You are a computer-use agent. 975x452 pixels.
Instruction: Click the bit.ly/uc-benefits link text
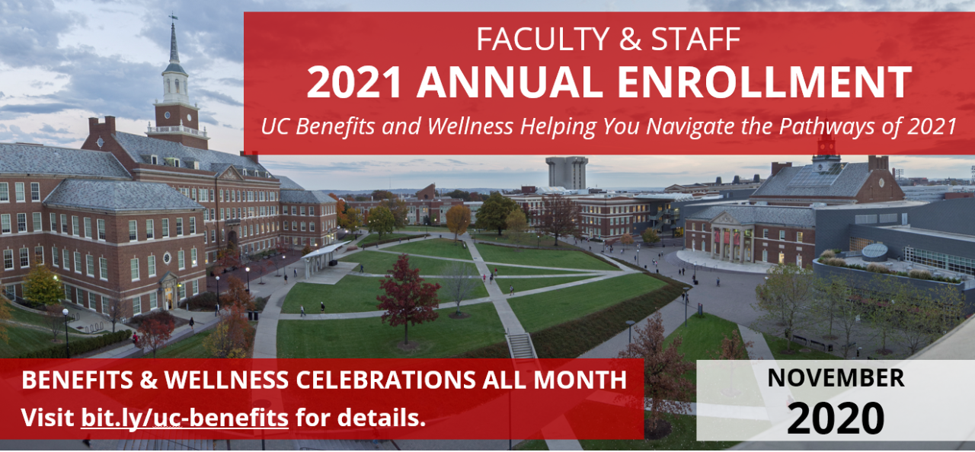click(x=184, y=418)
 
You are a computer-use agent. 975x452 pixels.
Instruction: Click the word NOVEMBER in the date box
click(x=836, y=378)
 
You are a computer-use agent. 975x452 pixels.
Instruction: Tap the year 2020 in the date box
click(x=836, y=418)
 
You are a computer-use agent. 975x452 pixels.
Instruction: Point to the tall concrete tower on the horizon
click(x=567, y=172)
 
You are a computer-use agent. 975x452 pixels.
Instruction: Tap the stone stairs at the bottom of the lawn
click(x=521, y=345)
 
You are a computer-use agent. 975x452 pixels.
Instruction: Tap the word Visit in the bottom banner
click(x=47, y=418)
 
